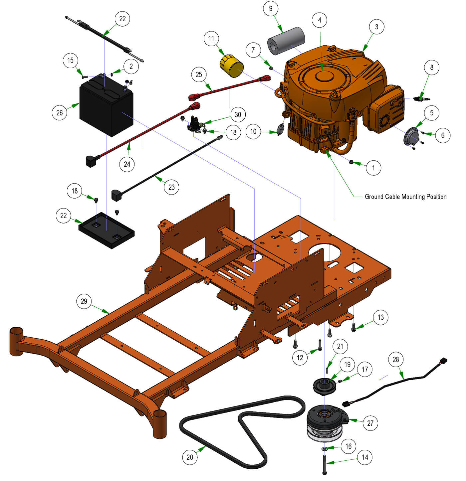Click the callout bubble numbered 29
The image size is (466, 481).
pos(84,301)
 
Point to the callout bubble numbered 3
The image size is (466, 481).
pos(376,27)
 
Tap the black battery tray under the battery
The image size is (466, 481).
pos(107,232)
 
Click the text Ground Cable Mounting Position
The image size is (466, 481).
pos(405,197)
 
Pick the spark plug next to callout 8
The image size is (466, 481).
pos(421,99)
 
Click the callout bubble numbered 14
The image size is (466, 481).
pos(365,457)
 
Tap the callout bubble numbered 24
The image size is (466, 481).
pos(127,164)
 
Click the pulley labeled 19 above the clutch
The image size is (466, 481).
pos(325,387)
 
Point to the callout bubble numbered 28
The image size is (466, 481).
pos(395,360)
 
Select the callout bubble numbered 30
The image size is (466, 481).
pos(238,115)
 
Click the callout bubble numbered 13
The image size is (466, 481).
pos(380,317)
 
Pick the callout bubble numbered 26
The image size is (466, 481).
pos(60,113)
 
